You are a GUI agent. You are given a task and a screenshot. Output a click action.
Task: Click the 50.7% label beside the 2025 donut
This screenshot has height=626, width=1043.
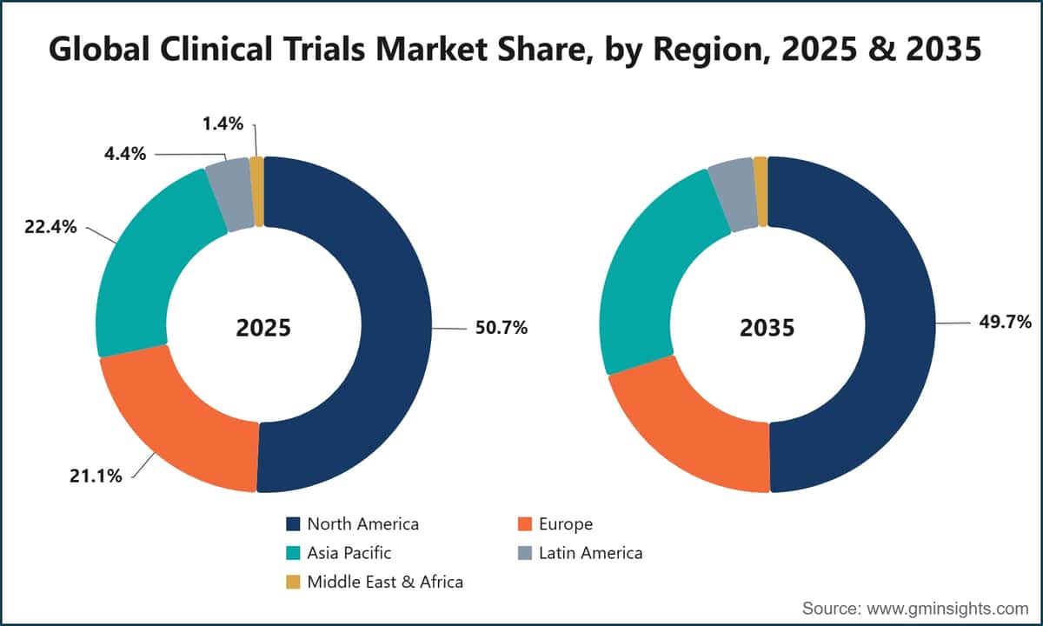tap(501, 328)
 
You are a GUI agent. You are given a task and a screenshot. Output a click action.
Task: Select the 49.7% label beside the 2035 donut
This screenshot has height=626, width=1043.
tap(1006, 322)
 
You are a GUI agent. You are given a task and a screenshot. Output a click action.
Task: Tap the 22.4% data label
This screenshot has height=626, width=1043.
tap(50, 227)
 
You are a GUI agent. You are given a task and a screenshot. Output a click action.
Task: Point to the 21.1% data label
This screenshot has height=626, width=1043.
tap(96, 476)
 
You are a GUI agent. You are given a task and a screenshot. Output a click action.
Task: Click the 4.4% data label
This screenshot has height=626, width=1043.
tap(125, 154)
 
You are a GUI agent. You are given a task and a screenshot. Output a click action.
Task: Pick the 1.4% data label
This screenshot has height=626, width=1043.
tap(223, 123)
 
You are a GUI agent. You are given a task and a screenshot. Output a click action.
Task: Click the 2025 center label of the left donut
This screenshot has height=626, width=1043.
tap(263, 328)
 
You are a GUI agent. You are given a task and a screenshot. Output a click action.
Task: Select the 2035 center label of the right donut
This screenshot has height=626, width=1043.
tap(767, 328)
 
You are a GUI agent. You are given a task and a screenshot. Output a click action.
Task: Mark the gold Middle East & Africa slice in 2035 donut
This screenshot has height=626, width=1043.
tap(761, 192)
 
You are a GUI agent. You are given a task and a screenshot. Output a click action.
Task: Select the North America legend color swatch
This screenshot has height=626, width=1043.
tap(293, 524)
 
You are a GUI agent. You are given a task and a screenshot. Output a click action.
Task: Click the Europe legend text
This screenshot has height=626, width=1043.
tap(566, 524)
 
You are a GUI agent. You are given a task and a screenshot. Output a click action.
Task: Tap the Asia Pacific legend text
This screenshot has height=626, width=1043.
tap(349, 553)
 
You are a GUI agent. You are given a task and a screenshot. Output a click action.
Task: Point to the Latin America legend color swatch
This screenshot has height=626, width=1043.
tap(525, 553)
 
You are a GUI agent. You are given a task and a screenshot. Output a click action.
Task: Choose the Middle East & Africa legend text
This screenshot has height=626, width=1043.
tap(385, 582)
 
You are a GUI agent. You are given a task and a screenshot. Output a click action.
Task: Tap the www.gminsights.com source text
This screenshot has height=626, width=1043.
tap(947, 609)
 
